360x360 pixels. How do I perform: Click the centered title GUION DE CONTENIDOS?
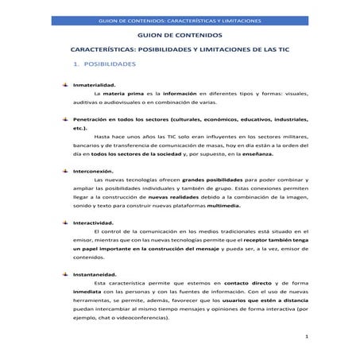click(180, 36)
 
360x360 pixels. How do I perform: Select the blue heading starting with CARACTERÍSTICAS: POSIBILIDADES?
click(180, 50)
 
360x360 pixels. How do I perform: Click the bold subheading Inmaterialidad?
click(95, 84)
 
